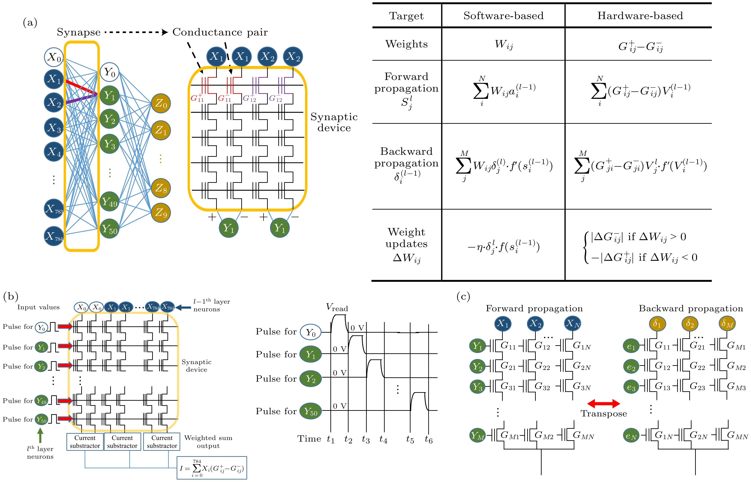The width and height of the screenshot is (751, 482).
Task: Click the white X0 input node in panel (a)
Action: pyautogui.click(x=54, y=57)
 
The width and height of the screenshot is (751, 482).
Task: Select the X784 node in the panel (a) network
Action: pyautogui.click(x=54, y=236)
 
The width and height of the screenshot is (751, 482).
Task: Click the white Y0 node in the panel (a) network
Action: pyautogui.click(x=110, y=72)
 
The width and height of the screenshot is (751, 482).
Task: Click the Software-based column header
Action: pyautogui.click(x=503, y=16)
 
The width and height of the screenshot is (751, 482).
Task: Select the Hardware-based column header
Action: pyautogui.click(x=640, y=16)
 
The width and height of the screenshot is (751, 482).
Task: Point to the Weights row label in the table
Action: pyautogui.click(x=406, y=44)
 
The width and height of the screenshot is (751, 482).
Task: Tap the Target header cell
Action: pyautogui.click(x=406, y=16)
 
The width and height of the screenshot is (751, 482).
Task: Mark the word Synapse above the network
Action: pyautogui.click(x=79, y=32)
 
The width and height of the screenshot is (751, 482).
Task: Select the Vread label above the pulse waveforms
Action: pyautogui.click(x=337, y=307)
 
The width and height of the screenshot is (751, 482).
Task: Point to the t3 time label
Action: pyautogui.click(x=365, y=439)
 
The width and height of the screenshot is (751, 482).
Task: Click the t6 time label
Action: pyautogui.click(x=428, y=439)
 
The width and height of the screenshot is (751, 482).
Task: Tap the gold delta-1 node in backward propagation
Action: pyautogui.click(x=657, y=324)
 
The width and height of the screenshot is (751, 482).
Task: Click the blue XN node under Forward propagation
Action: pyautogui.click(x=572, y=324)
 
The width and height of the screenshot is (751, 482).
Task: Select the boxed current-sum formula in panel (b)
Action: pyautogui.click(x=212, y=468)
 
